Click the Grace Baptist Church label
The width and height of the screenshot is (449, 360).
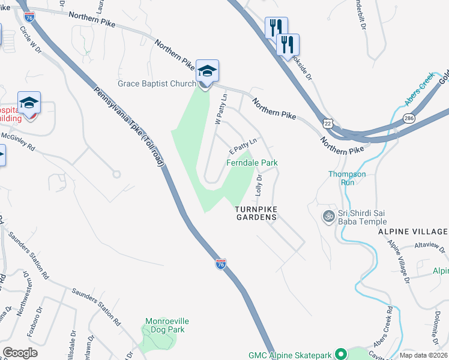157,83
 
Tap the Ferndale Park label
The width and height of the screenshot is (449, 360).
252,163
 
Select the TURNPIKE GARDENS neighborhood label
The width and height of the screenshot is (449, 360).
256,213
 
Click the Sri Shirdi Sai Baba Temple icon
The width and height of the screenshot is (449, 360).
328,216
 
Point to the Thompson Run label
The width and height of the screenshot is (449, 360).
346,178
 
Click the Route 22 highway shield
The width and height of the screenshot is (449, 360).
327,122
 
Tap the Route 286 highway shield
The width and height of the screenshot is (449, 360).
409,119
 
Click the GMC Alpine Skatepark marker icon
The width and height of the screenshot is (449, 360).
340,354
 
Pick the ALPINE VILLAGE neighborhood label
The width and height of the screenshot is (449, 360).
413,232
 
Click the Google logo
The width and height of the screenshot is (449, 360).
20,353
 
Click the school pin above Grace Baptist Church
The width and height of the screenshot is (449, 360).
207,71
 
